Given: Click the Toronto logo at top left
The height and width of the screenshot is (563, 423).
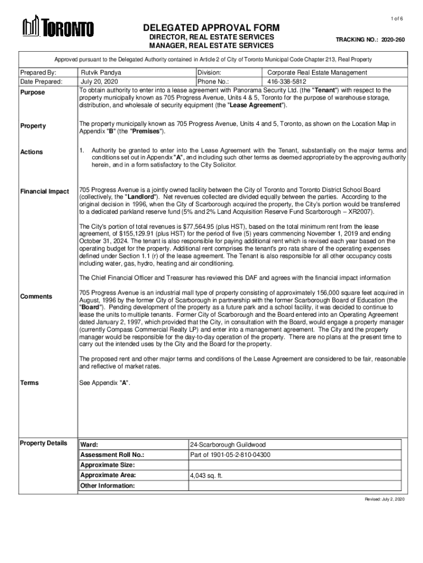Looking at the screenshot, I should (x=58, y=27).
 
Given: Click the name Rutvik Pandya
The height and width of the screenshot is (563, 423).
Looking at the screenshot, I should (x=102, y=73).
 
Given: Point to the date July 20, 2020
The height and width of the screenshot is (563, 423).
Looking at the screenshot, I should (x=99, y=81).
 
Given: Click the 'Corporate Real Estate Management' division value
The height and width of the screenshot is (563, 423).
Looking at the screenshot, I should (x=317, y=73).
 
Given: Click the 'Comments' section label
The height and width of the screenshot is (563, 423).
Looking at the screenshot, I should (x=36, y=297).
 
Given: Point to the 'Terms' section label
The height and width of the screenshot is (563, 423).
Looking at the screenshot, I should (x=30, y=383).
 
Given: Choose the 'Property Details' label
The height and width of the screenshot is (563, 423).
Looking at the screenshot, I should (x=43, y=443).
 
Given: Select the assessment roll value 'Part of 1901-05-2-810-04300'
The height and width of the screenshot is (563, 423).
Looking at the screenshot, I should (x=230, y=455).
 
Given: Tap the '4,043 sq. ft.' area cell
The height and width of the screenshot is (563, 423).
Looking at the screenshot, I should (x=206, y=476).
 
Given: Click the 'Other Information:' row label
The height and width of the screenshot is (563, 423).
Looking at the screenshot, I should (x=107, y=486).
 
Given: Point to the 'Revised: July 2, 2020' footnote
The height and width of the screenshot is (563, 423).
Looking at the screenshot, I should (x=385, y=499).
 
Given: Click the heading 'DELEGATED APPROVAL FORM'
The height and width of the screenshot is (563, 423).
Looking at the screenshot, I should (x=211, y=28).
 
